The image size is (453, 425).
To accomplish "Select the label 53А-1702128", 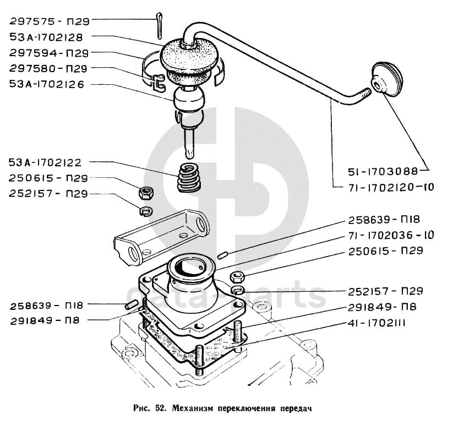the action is click(46, 37).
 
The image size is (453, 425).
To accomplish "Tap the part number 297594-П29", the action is click(49, 53).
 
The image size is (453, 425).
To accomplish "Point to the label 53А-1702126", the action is click(47, 84).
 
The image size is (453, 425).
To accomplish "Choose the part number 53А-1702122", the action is click(45, 162).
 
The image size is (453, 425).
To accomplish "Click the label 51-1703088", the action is click(383, 172).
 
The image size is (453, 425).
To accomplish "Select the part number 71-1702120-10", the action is click(391, 187).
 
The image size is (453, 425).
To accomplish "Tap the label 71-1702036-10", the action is click(391, 235).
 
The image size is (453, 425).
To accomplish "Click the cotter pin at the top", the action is click(159, 25).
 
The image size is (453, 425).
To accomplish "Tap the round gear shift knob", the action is click(386, 78).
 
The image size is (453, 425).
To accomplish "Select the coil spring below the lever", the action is click(189, 177).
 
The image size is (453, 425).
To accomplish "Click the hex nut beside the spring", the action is click(146, 193).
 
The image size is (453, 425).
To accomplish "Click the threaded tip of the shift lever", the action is click(365, 94).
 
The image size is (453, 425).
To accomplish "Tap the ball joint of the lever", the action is click(189, 100).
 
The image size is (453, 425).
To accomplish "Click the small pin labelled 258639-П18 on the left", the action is click(130, 305).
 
